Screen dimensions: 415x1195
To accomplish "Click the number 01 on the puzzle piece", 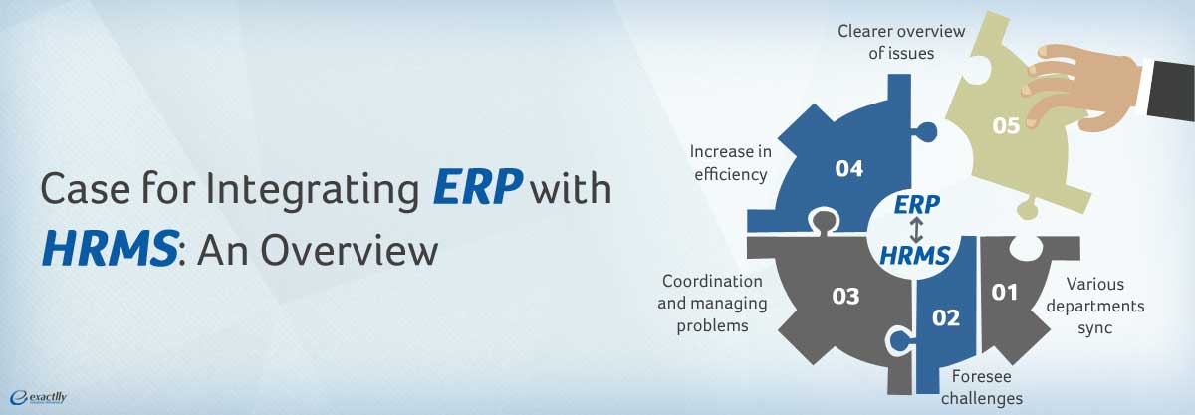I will [x=1005, y=292].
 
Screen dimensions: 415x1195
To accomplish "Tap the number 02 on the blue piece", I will [x=945, y=317].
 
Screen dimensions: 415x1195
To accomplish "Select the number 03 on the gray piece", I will [x=846, y=296].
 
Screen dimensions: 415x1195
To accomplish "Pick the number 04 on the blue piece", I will [x=848, y=169].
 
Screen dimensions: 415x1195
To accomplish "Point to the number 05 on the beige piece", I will [x=1006, y=125].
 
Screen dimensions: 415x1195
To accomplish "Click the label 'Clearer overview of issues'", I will [x=886, y=43].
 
